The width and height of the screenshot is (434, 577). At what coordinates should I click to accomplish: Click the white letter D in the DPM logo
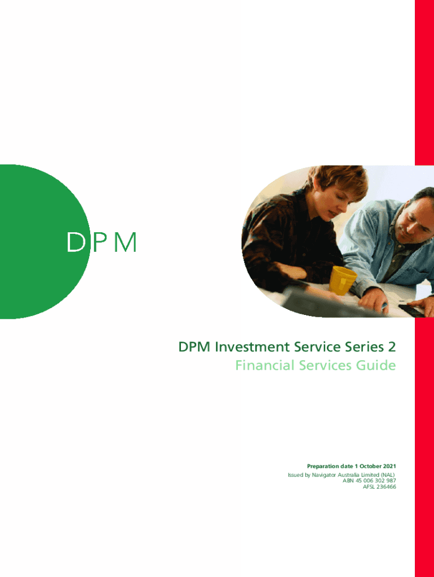pos(76,242)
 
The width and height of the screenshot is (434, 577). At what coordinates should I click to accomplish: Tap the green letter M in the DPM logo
pos(125,242)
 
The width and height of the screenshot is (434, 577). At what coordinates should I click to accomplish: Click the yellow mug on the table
pos(342,281)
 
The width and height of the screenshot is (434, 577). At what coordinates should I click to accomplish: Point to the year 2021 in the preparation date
pos(389,466)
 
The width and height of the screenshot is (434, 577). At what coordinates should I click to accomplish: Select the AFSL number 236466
pos(386,487)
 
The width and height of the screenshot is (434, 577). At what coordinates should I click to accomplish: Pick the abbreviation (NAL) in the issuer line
pos(388,475)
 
